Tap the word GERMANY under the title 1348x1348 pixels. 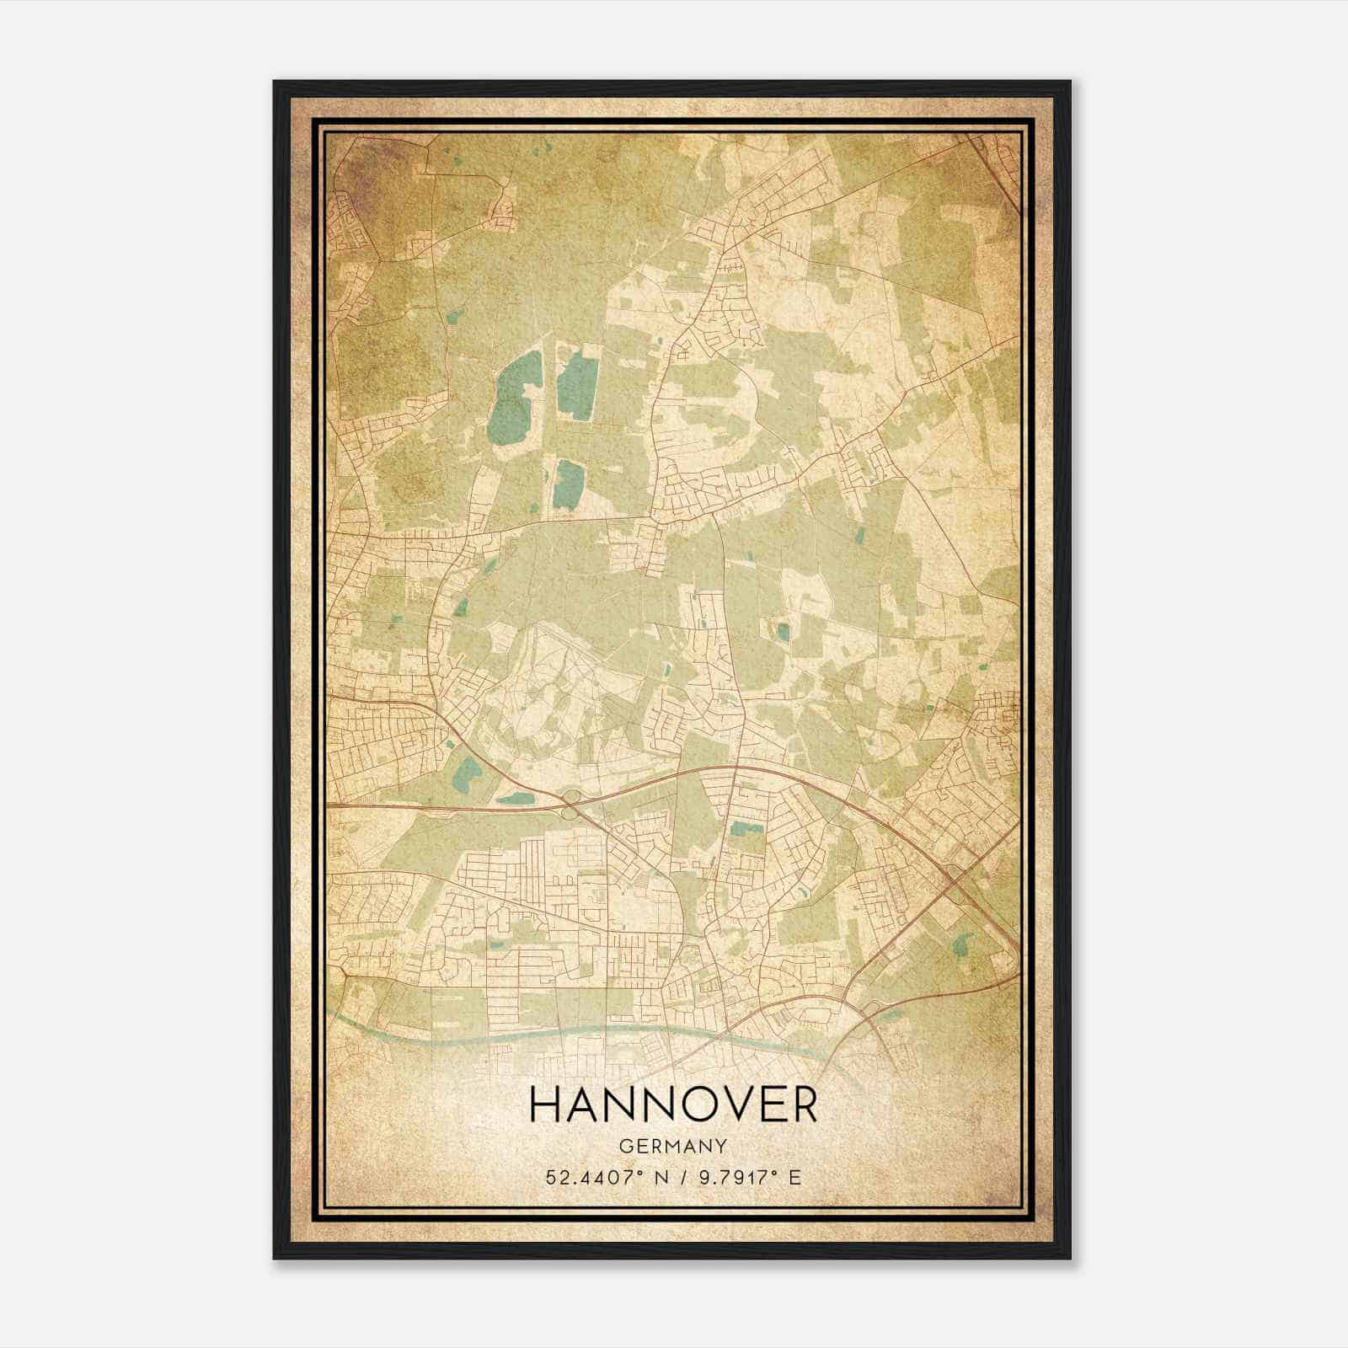pos(673,1146)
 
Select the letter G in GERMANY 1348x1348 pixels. pos(625,1146)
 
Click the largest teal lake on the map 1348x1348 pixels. pos(509,396)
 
